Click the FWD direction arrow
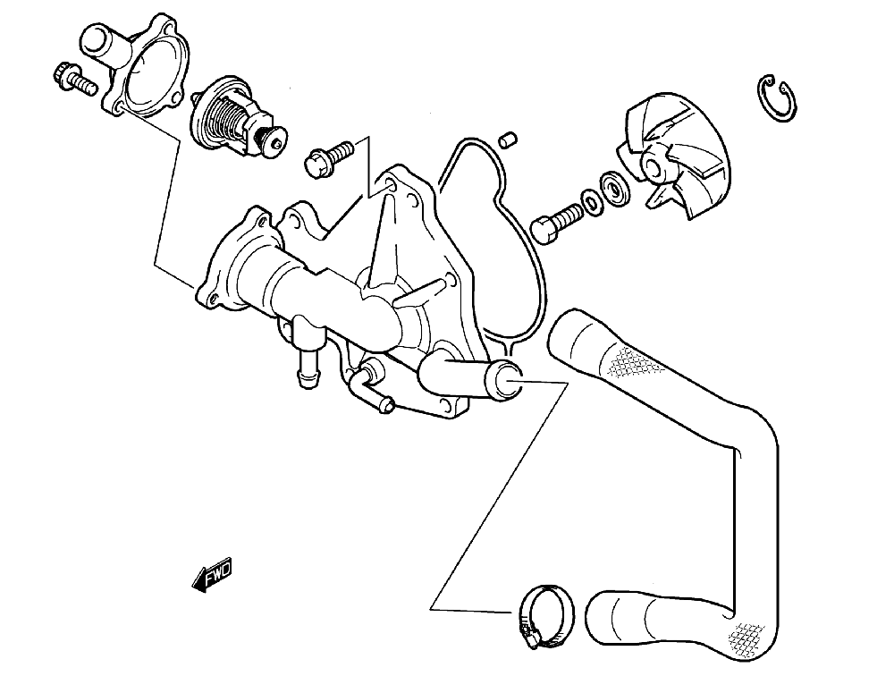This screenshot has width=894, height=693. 212,577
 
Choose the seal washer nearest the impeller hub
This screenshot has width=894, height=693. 614,189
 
